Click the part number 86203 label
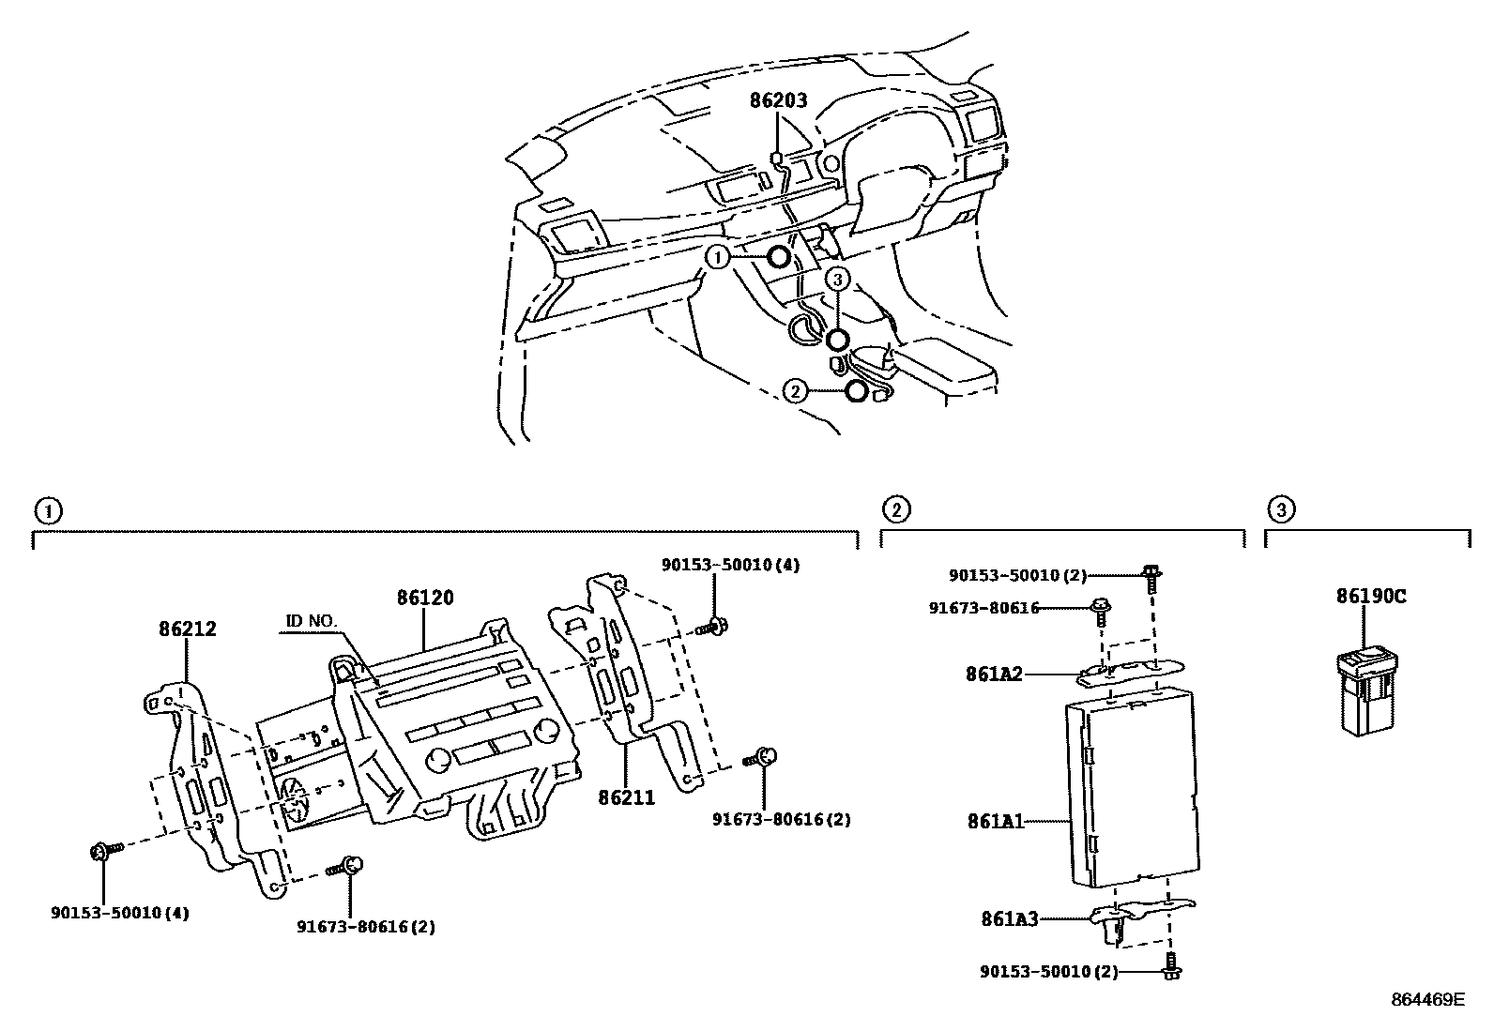(x=778, y=101)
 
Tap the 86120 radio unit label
(x=424, y=598)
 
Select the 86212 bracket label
(x=187, y=629)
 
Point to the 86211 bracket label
(x=626, y=797)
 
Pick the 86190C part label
(x=1371, y=596)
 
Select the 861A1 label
(x=996, y=822)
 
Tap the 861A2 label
(x=995, y=674)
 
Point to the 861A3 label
(x=1010, y=919)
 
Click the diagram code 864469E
(x=1427, y=1000)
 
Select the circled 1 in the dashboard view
(x=718, y=257)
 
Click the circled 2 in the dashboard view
(x=795, y=392)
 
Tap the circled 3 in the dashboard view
(x=837, y=278)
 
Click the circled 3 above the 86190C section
(x=1281, y=509)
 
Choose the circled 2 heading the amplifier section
(x=896, y=509)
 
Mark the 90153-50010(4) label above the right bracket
(x=730, y=565)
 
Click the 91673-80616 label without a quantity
(x=983, y=608)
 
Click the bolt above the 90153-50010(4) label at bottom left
(x=102, y=851)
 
